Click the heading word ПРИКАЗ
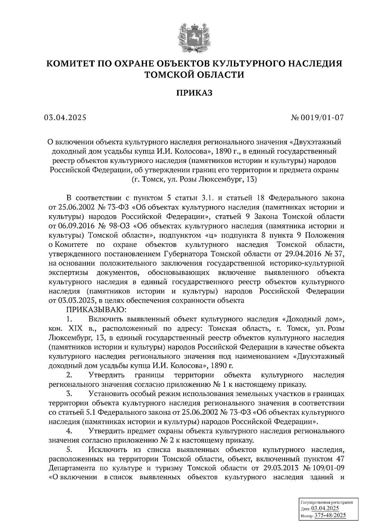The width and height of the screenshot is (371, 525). pos(194,93)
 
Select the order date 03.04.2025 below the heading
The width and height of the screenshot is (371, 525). pos(65,117)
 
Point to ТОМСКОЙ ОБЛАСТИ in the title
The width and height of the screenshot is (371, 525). pos(194,75)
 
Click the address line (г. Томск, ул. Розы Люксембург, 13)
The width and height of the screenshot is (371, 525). pos(194,179)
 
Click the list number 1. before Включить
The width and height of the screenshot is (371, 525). pos(69,319)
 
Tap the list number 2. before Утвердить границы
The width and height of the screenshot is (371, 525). pos(69,375)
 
